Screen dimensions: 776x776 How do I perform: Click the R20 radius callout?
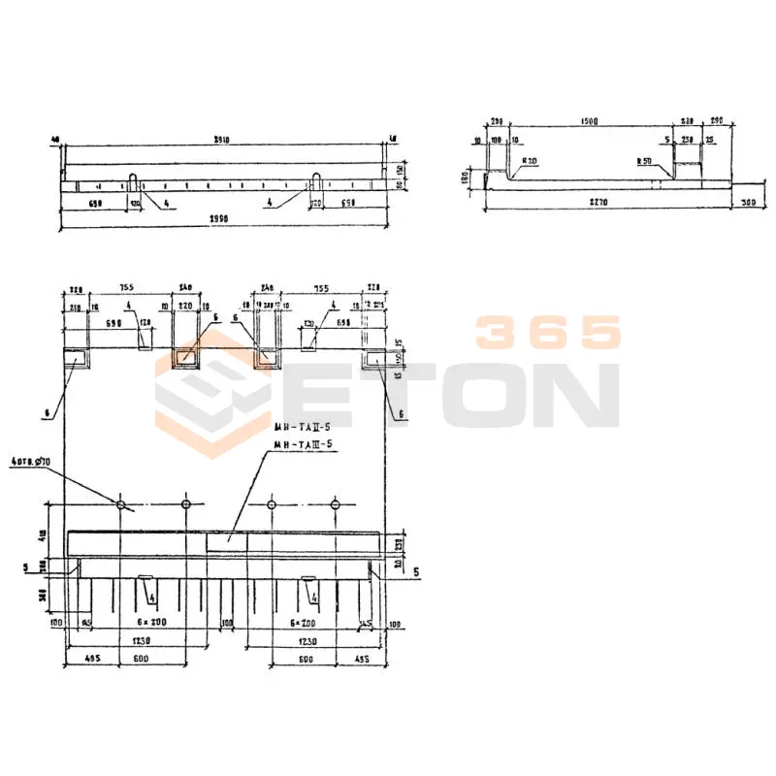530,160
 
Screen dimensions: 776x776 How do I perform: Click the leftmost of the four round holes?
121,504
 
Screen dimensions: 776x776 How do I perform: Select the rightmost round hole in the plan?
335,504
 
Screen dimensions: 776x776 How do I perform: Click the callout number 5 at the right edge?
415,572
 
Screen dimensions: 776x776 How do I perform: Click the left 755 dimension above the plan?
127,288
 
